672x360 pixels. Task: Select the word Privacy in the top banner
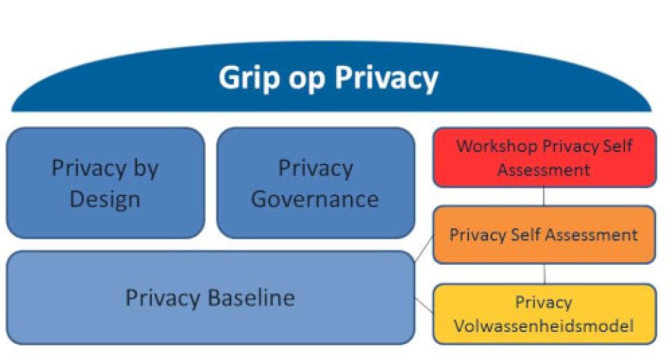(386, 78)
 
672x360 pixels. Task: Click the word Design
(104, 199)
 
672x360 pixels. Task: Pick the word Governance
(315, 199)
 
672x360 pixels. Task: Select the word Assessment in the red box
(544, 169)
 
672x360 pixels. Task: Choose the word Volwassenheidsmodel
(544, 326)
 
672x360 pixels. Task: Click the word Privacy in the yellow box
(544, 303)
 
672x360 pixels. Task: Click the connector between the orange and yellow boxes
(545, 273)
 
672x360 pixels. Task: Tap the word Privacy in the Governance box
(316, 169)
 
